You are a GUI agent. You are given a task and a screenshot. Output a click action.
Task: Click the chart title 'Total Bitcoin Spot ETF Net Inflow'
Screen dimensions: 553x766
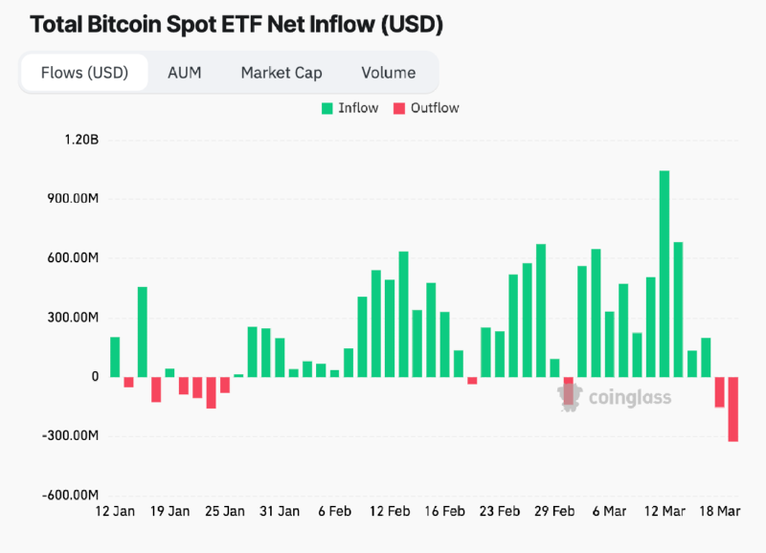tap(236, 24)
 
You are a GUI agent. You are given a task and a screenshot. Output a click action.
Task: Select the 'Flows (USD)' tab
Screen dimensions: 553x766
tap(84, 73)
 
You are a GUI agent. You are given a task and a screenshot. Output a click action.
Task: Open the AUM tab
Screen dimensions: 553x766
tap(184, 73)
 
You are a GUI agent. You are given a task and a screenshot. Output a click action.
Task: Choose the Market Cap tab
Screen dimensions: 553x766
tap(282, 73)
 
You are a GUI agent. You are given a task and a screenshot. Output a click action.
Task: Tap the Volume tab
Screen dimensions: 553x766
tap(389, 73)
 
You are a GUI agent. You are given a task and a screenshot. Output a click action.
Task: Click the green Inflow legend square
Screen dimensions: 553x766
tap(327, 108)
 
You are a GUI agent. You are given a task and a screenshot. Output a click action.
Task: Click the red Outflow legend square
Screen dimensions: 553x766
tap(399, 108)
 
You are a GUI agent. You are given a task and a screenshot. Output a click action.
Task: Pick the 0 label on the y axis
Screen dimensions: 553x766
tap(95, 377)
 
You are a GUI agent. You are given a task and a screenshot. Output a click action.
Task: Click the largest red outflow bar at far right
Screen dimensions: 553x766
tap(733, 409)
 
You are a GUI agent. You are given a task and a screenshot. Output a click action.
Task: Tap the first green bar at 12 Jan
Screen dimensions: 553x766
tap(115, 357)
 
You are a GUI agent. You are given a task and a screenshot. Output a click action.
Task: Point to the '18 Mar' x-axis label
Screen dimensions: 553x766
tap(720, 513)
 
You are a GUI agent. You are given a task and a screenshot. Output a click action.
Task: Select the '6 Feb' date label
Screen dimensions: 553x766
tap(334, 513)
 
